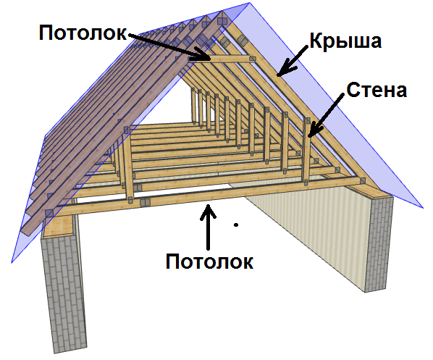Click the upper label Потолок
83,33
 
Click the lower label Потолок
209,261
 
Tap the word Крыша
345,41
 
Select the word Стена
377,90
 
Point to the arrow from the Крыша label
293,62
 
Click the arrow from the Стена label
327,115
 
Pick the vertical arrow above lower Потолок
208,227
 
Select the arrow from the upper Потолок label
169,46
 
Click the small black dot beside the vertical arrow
236,225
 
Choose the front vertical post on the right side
306,151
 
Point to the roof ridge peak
249,4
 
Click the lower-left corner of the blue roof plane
12,262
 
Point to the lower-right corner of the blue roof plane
423,207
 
